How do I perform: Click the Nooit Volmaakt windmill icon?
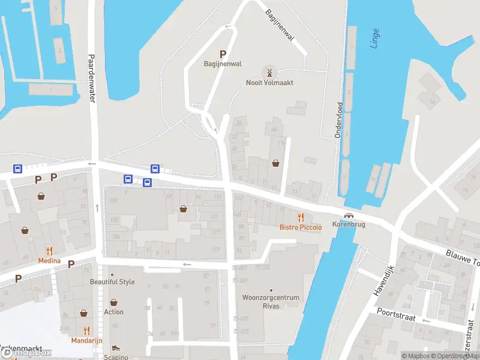tap(269, 73)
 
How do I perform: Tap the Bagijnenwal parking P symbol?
tap(223, 54)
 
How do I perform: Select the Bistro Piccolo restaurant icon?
tap(301, 218)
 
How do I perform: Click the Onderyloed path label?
tap(338, 120)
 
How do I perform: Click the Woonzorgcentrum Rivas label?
tap(271, 301)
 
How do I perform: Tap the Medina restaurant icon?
tap(49, 251)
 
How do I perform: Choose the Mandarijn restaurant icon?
tap(86, 330)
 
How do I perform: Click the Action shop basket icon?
tap(113, 303)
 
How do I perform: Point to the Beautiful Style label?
tap(112, 282)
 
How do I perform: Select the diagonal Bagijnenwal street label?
tap(280, 25)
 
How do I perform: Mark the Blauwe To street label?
tap(463, 259)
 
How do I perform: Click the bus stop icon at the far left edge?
tap(18, 170)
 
